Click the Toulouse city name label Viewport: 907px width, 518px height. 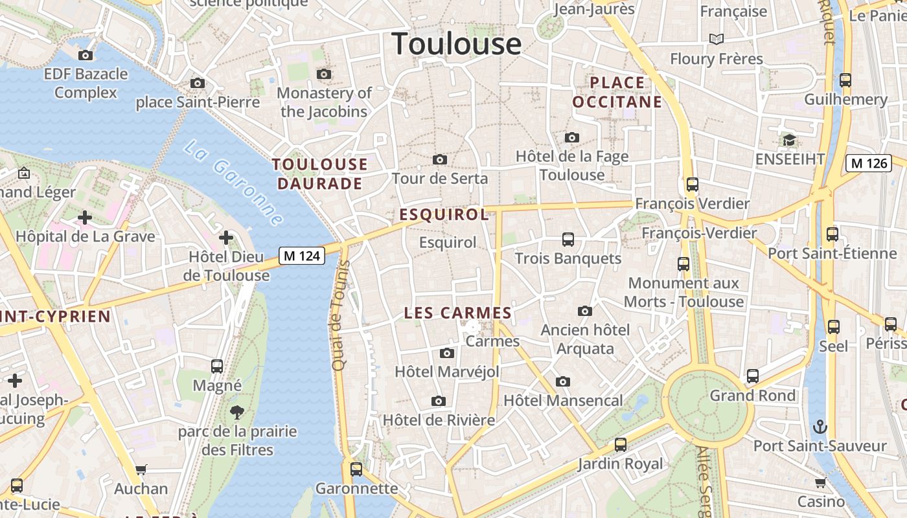[x=457, y=44]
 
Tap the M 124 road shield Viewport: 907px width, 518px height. [x=302, y=256]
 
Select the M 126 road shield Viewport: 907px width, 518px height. [x=868, y=163]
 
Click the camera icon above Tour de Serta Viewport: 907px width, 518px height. [x=440, y=159]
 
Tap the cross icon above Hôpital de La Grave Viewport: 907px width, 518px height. [x=85, y=218]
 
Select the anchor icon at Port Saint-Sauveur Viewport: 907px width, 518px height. [x=820, y=427]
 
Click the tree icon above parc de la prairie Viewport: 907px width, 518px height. [x=237, y=412]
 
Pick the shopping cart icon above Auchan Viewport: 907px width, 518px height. [x=141, y=469]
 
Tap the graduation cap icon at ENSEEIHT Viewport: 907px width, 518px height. [x=789, y=140]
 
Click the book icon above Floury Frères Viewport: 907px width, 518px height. [x=716, y=39]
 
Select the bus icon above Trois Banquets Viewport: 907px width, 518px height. [x=568, y=240]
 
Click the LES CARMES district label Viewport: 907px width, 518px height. [x=458, y=313]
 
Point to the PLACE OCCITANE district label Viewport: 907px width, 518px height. [x=617, y=92]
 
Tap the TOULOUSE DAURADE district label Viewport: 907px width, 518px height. [x=319, y=174]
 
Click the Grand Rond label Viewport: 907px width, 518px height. [x=752, y=395]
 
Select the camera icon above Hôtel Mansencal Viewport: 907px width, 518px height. [x=563, y=381]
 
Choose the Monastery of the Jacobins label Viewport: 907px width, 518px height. [x=324, y=102]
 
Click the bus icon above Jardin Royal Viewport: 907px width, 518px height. [x=621, y=445]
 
